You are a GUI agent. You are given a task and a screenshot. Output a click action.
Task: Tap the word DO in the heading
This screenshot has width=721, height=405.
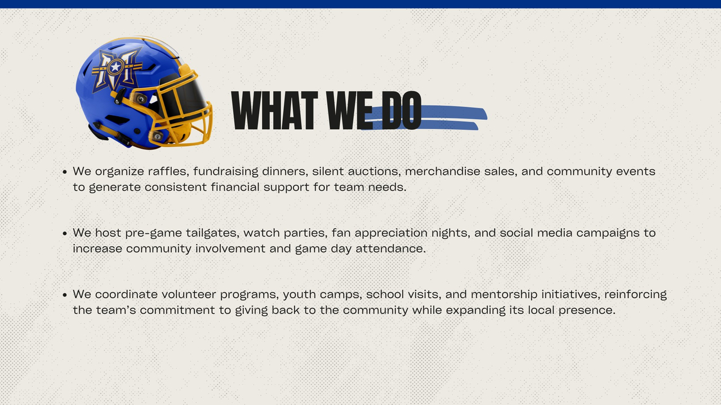tap(402, 110)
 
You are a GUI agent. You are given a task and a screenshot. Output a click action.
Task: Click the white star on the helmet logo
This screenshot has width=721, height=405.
tap(115, 67)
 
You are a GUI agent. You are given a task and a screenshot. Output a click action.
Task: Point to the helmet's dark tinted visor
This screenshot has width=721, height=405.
tap(185, 96)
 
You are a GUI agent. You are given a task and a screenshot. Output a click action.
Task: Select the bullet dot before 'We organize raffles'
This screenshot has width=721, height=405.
tap(65, 172)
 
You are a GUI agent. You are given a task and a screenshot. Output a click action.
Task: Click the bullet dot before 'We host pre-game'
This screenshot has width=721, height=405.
tap(65, 233)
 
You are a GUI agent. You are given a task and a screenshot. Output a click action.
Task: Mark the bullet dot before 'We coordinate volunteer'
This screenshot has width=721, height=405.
tap(65, 295)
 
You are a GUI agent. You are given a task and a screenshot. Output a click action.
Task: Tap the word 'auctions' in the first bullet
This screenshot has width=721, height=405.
tap(375, 171)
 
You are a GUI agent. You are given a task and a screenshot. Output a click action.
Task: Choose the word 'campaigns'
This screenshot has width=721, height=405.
tap(608, 233)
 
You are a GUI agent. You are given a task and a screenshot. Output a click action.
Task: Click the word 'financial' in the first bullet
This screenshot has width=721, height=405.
tap(235, 187)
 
